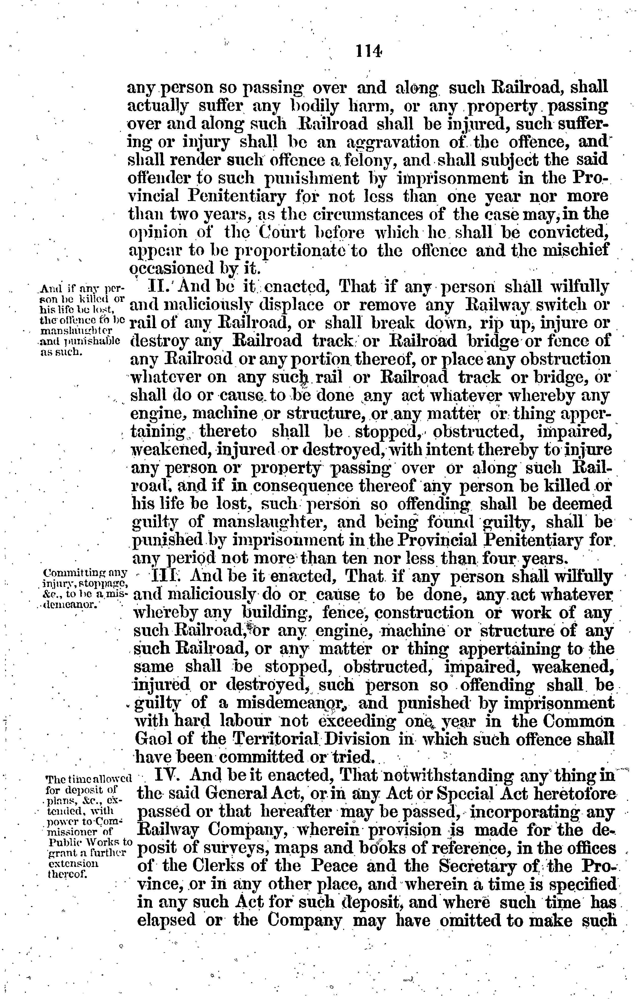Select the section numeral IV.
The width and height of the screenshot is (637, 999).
pos(167,775)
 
